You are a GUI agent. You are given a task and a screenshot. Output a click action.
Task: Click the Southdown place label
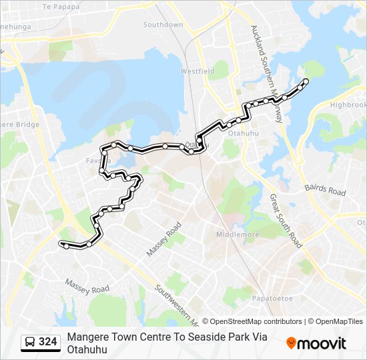pos(163,25)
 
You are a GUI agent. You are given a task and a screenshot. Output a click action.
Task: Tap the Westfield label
pos(197,71)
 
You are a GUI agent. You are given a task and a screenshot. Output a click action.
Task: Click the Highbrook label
pos(348,105)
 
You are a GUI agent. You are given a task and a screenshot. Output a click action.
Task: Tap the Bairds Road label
pos(326,191)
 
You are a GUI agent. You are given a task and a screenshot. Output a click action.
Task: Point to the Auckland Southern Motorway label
pos(266,73)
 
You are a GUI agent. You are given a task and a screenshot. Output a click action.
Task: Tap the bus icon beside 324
pos(30,343)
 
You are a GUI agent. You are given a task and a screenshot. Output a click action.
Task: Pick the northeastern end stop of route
pos(306,81)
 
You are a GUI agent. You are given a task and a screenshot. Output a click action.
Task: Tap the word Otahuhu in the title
pos(87,349)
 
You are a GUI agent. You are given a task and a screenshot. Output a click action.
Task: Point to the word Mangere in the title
pos(87,337)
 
